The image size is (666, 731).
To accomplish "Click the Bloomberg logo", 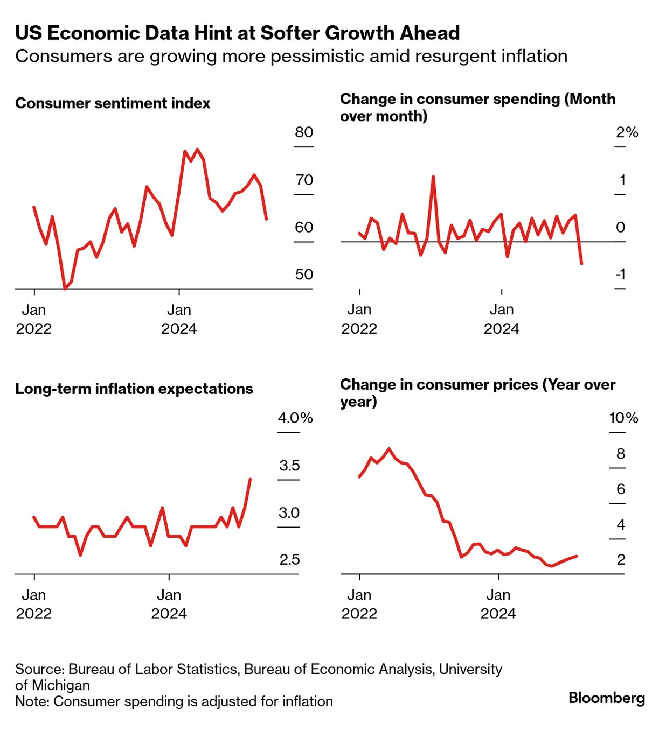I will (x=607, y=698).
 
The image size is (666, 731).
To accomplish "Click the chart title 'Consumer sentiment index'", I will (x=113, y=103).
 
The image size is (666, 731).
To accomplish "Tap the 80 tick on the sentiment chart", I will (x=304, y=132).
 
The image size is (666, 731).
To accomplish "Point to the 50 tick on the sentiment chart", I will (x=304, y=275).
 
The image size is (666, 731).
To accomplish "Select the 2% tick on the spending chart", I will (x=627, y=132).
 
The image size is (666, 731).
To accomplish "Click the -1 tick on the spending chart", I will (x=621, y=275).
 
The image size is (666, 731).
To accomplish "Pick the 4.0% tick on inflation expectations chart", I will (x=295, y=418).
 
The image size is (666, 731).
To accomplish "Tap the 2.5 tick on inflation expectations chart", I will (x=289, y=560).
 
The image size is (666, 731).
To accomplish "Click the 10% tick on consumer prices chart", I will (x=623, y=418).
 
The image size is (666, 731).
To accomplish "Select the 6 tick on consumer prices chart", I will (x=621, y=489).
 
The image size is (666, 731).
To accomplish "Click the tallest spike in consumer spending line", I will (x=433, y=177).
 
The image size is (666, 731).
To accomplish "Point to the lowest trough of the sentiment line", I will (x=65, y=289).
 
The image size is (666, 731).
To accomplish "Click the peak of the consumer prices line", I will (x=389, y=448).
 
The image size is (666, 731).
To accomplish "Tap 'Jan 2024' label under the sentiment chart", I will (x=179, y=319).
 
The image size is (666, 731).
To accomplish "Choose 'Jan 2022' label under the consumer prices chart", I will (x=359, y=604).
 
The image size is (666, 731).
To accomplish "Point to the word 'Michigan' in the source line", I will (x=60, y=685).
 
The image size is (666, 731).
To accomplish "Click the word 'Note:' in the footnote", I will (x=32, y=701).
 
